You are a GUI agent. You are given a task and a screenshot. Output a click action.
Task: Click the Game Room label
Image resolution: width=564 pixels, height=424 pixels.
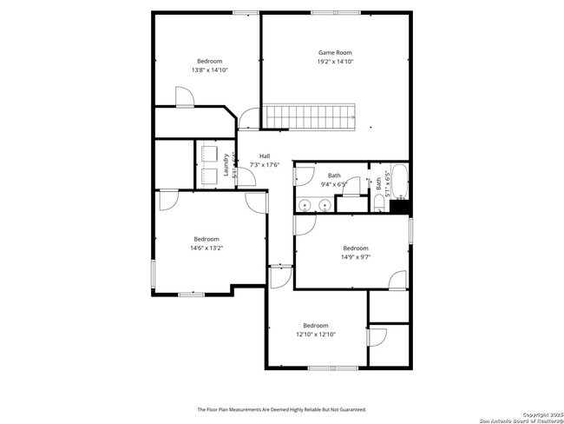[335, 52]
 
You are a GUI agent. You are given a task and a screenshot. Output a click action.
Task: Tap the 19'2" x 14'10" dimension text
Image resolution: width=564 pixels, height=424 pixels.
[335, 62]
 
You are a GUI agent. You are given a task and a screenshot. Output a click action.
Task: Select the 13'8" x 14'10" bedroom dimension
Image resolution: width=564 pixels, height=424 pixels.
[209, 70]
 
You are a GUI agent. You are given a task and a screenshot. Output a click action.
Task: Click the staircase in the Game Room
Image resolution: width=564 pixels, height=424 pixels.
[311, 116]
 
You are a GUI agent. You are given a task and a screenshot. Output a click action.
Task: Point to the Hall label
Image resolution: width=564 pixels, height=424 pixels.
[264, 156]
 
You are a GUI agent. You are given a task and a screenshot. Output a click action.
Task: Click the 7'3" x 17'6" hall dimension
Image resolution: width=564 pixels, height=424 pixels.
[264, 164]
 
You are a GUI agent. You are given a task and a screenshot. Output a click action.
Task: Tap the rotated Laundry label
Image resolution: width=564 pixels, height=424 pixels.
[225, 165]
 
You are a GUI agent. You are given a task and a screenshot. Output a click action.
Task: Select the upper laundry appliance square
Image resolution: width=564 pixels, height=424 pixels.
[208, 152]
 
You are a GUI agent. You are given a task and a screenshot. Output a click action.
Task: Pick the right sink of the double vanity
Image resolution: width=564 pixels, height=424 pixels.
[324, 207]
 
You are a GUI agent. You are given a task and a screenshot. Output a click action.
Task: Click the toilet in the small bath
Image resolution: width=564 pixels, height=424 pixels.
[379, 203]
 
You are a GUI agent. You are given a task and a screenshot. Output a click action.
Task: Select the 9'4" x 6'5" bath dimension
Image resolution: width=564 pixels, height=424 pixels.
[333, 184]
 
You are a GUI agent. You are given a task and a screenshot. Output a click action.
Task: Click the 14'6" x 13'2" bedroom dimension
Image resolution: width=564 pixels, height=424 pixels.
[207, 248]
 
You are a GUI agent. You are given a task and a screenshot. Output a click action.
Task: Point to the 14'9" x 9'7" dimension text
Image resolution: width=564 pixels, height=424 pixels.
[355, 256]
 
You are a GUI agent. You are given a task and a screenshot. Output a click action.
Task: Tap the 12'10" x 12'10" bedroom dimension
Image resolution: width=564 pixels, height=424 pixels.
[315, 335]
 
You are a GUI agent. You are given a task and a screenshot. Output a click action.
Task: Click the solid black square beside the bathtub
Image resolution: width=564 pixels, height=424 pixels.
[401, 207]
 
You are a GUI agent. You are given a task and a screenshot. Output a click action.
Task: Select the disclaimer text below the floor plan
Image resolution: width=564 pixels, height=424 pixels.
[281, 409]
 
